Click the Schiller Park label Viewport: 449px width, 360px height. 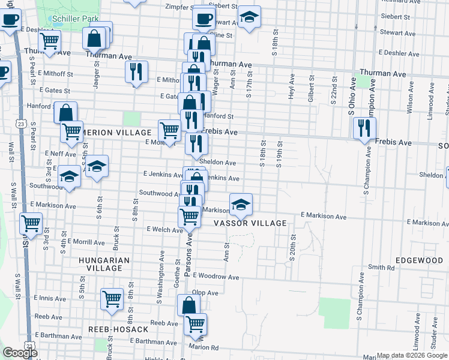(x=75, y=19)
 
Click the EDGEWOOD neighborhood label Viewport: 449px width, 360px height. (x=418, y=260)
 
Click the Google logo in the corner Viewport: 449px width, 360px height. (x=20, y=353)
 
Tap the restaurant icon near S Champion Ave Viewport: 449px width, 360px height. (x=364, y=128)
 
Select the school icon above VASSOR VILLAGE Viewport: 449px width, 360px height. (x=241, y=205)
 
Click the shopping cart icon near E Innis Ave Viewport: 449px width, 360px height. (x=112, y=299)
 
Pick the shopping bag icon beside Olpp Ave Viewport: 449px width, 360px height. (x=188, y=305)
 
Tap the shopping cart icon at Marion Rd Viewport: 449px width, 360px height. (x=195, y=325)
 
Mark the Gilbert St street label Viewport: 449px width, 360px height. (x=311, y=88)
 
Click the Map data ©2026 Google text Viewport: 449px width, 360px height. (x=411, y=355)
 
